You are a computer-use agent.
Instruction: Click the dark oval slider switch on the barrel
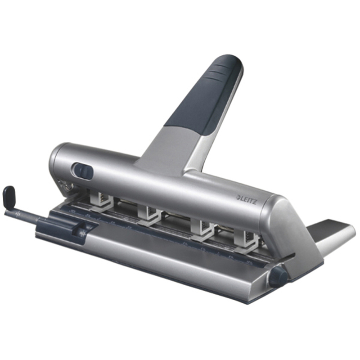82,171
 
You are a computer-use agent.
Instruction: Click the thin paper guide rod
27,213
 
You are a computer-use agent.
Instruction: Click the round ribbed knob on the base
276,275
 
